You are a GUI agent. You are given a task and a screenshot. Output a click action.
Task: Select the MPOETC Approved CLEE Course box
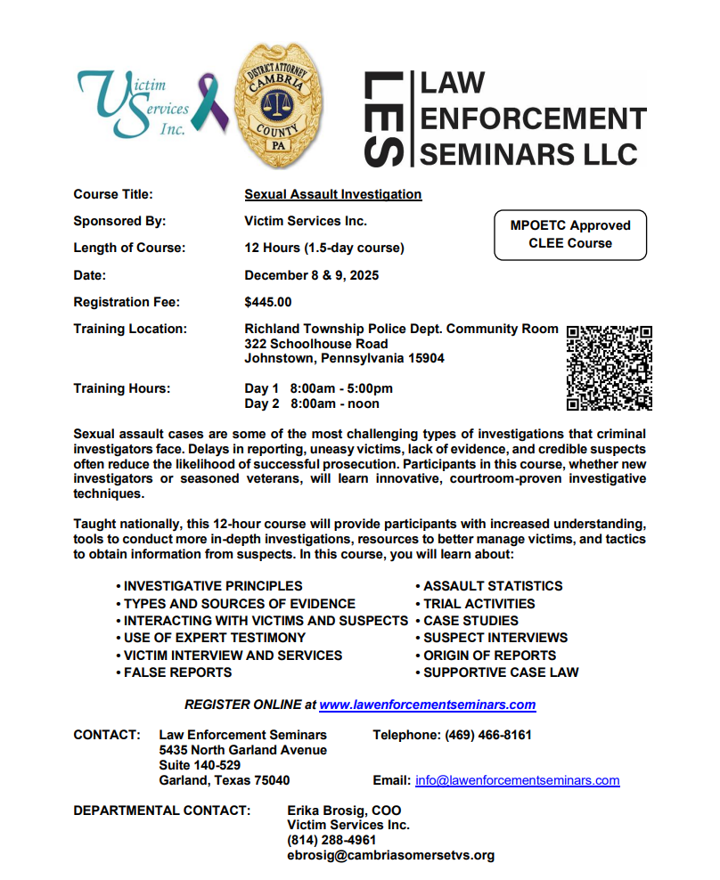[x=570, y=234]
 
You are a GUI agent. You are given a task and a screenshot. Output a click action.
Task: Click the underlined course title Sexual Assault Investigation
[x=332, y=194]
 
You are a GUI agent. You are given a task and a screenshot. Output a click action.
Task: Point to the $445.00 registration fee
[x=267, y=302]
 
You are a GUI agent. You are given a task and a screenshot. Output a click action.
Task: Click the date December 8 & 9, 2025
[x=311, y=275]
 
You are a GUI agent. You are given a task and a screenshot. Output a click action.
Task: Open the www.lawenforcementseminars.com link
[x=427, y=705]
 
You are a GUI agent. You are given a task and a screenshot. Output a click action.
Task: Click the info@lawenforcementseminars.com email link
[x=517, y=780]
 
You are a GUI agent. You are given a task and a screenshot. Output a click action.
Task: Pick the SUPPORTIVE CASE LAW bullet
[x=501, y=672]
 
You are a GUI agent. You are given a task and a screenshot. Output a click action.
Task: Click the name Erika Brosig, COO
[x=344, y=811]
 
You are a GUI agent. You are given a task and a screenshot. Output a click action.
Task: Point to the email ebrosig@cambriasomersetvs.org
[x=390, y=856]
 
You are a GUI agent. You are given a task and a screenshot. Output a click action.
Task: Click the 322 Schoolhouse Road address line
[x=316, y=344]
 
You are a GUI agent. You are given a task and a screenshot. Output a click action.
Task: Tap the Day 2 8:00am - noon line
[x=312, y=403]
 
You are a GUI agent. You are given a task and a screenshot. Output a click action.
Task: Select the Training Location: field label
[x=130, y=329]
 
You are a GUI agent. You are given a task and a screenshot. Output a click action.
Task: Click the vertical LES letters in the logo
[x=385, y=120]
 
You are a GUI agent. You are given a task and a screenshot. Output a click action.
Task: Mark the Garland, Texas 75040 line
[x=224, y=780]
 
